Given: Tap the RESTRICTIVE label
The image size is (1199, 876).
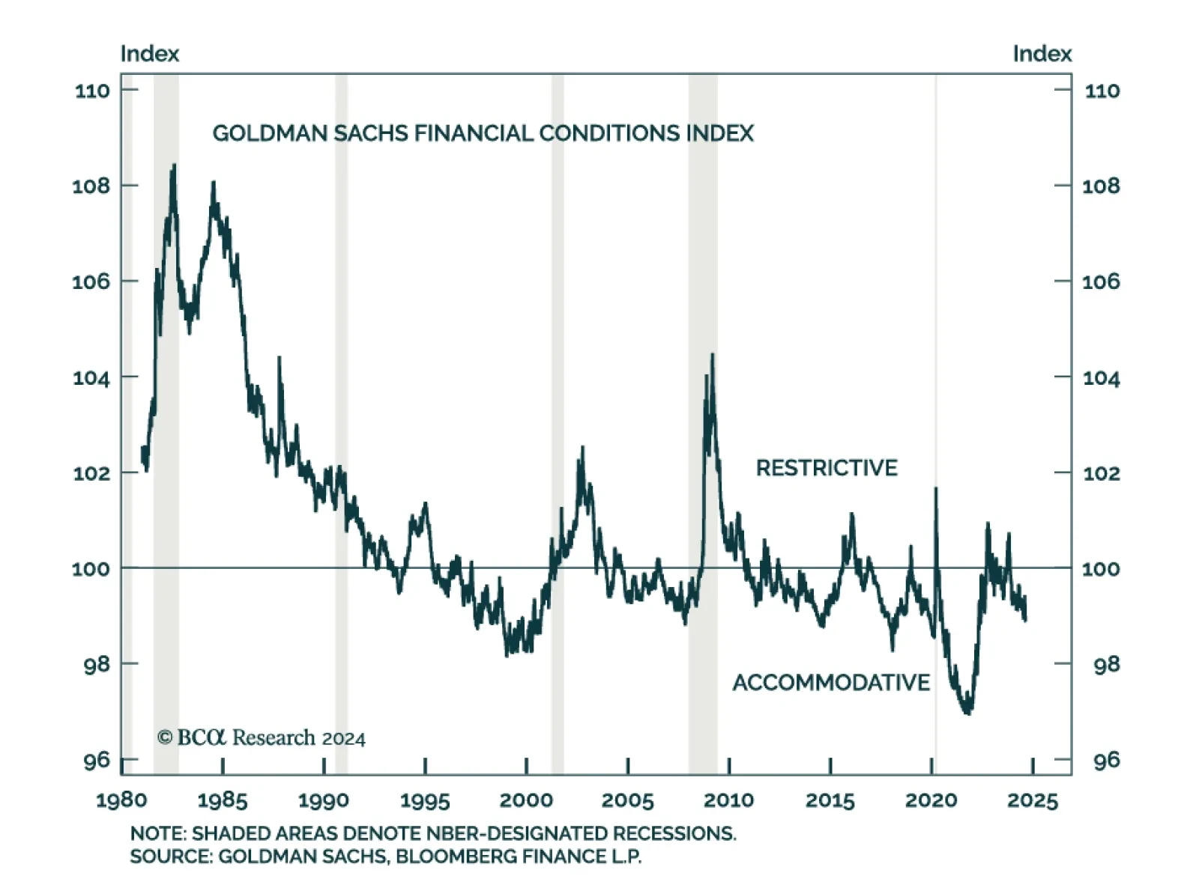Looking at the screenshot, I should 826,468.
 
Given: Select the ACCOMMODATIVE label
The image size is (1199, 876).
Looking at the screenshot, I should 831,682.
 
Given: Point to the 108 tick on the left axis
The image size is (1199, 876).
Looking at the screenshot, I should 91,186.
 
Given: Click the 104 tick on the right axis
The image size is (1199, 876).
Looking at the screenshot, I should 1102,377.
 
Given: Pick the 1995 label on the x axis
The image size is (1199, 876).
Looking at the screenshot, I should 425,800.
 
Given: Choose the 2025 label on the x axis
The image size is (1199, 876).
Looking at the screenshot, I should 1032,800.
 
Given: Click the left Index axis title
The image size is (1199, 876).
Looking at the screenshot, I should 150,54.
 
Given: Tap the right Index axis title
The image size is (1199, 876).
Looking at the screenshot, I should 1042,54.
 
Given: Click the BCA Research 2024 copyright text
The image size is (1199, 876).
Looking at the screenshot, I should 261,737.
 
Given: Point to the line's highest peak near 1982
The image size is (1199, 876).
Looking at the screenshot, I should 174,165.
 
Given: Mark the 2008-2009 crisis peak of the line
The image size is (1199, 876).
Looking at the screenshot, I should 712,355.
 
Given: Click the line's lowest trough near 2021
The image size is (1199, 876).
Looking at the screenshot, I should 967,712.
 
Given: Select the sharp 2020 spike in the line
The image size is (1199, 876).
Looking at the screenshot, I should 935,489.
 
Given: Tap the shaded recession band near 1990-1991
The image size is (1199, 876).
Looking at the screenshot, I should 341,419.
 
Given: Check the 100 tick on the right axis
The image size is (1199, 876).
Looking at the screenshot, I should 1101,568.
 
